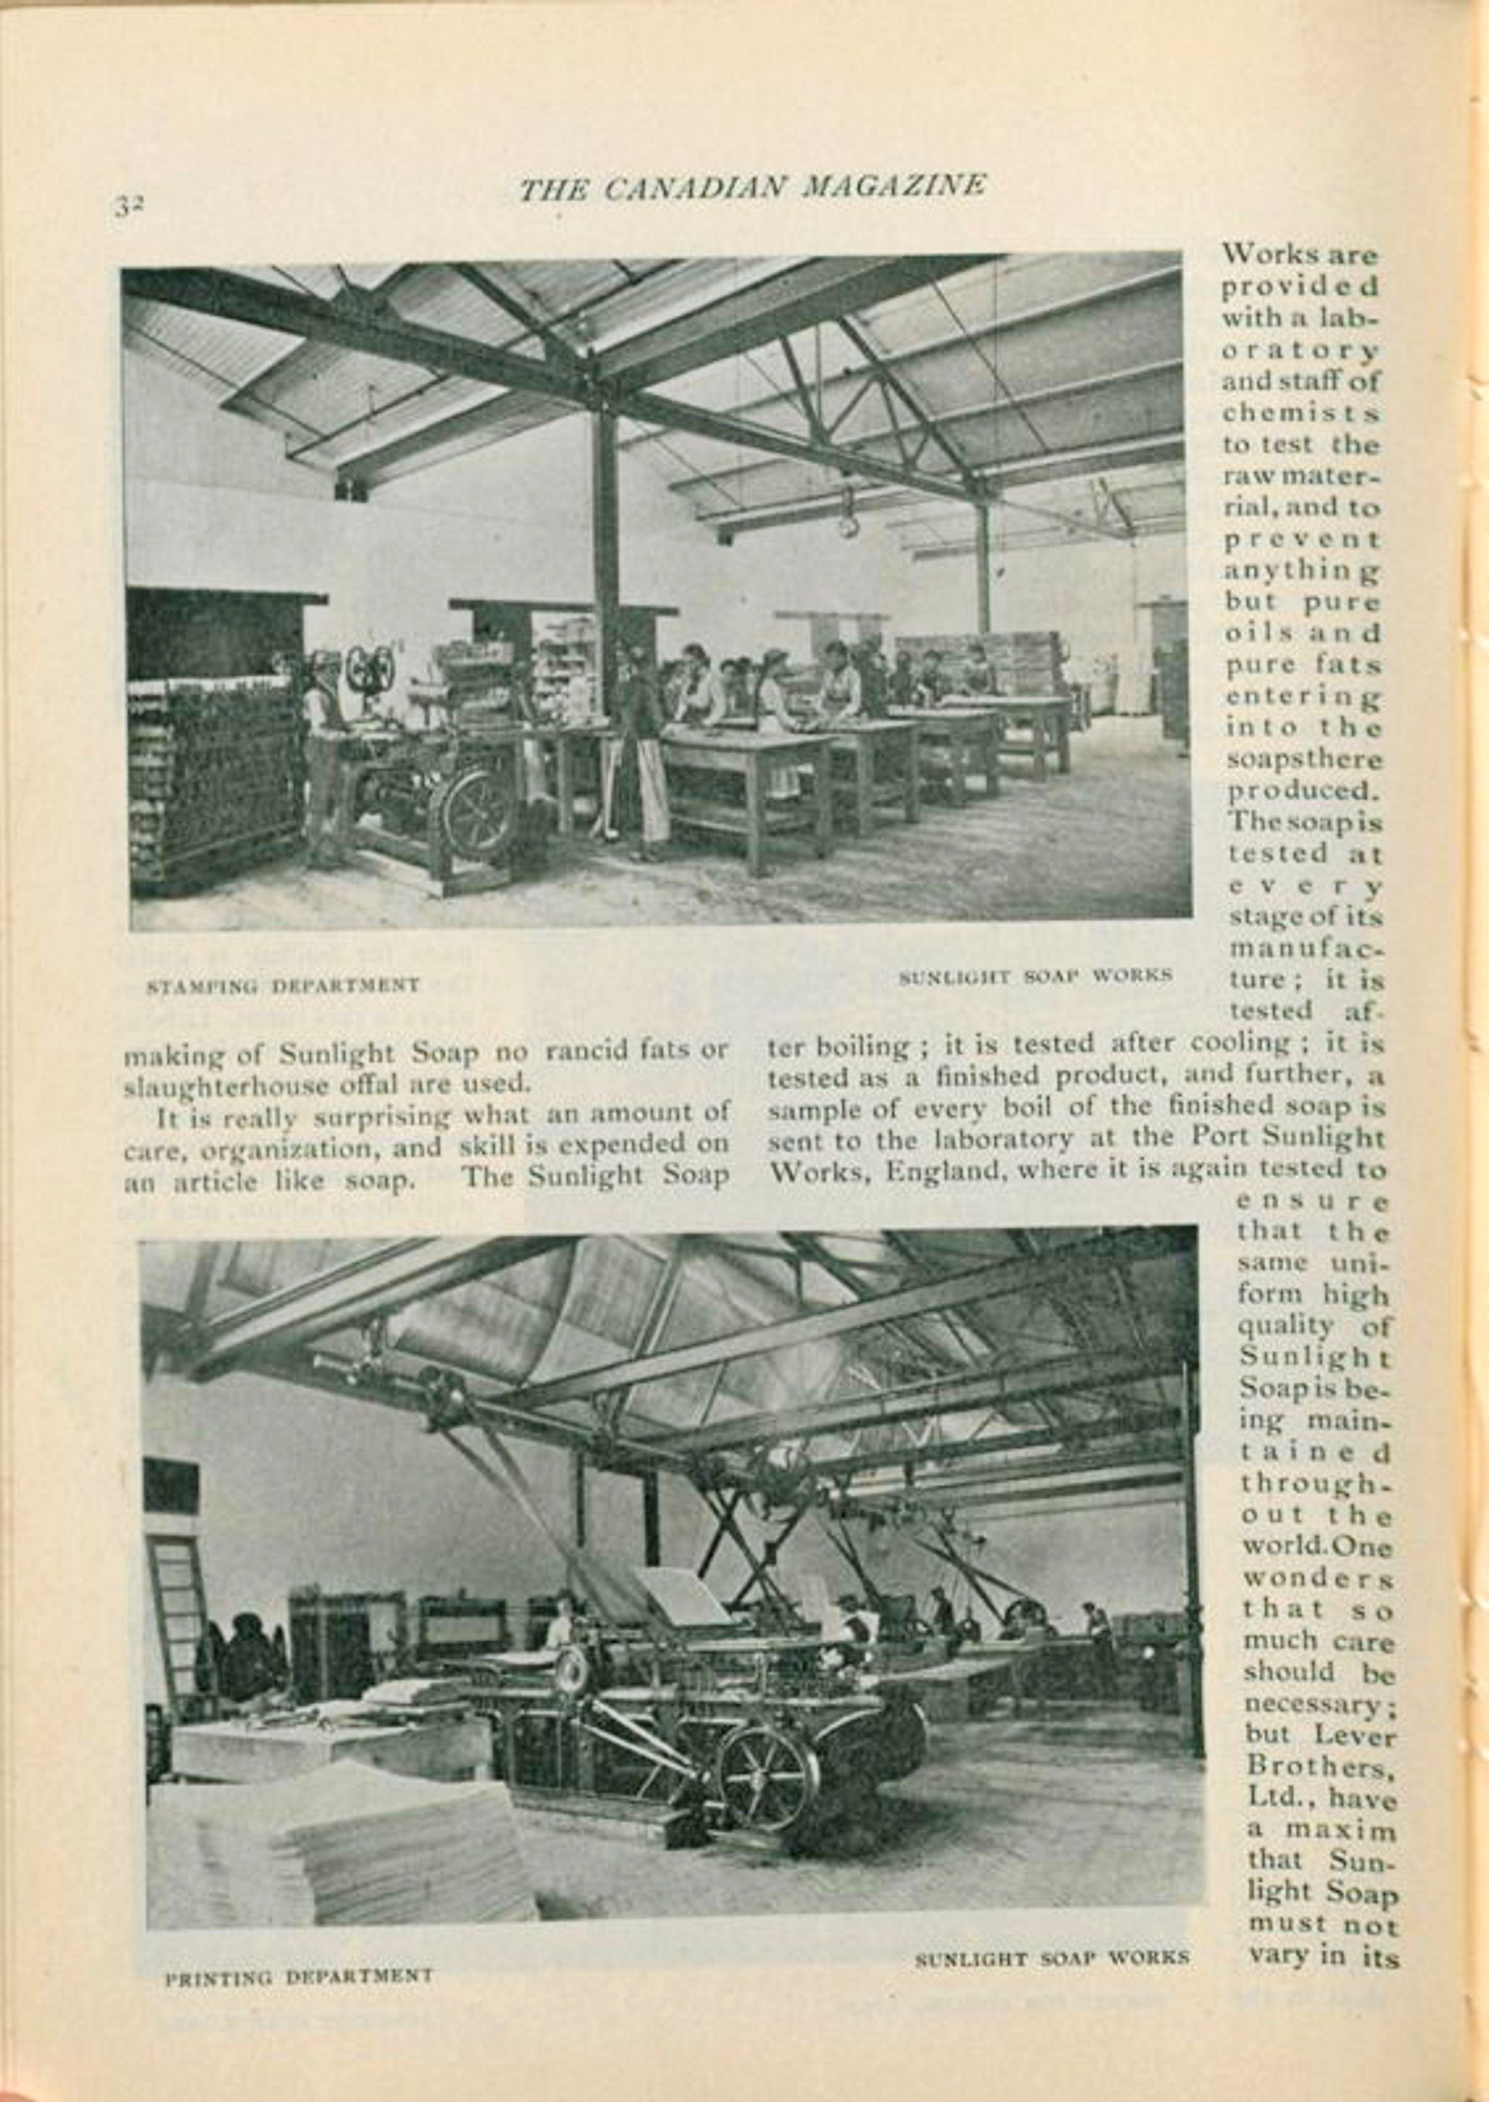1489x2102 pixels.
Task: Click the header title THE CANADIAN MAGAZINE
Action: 752,187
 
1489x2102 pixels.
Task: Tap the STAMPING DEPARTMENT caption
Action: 282,986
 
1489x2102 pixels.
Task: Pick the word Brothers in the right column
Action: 1318,1765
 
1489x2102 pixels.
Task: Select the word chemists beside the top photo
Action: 1299,412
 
